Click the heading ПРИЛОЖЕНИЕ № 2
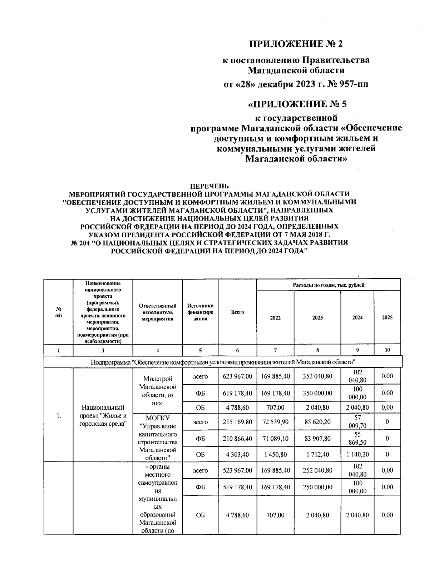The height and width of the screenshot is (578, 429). (296, 44)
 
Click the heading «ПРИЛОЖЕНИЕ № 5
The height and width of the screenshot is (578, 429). (297, 104)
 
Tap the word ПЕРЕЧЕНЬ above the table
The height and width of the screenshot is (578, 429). (209, 186)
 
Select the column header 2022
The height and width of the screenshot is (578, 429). (275, 317)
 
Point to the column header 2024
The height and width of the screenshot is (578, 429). (357, 317)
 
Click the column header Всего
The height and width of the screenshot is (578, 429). (237, 312)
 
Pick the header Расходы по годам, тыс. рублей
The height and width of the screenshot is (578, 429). (328, 285)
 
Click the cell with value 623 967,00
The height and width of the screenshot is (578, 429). (237, 376)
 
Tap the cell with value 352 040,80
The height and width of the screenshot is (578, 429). (317, 376)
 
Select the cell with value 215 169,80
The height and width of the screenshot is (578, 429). (237, 422)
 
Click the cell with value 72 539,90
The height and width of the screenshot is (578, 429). (275, 422)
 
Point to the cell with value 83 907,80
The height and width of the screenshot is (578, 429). (317, 439)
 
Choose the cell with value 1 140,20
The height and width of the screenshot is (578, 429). (357, 454)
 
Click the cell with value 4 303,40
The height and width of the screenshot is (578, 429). (237, 454)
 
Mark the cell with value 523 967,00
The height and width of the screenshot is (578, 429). (237, 470)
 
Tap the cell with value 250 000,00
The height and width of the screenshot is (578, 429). (317, 487)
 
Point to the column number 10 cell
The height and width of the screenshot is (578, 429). (387, 350)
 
